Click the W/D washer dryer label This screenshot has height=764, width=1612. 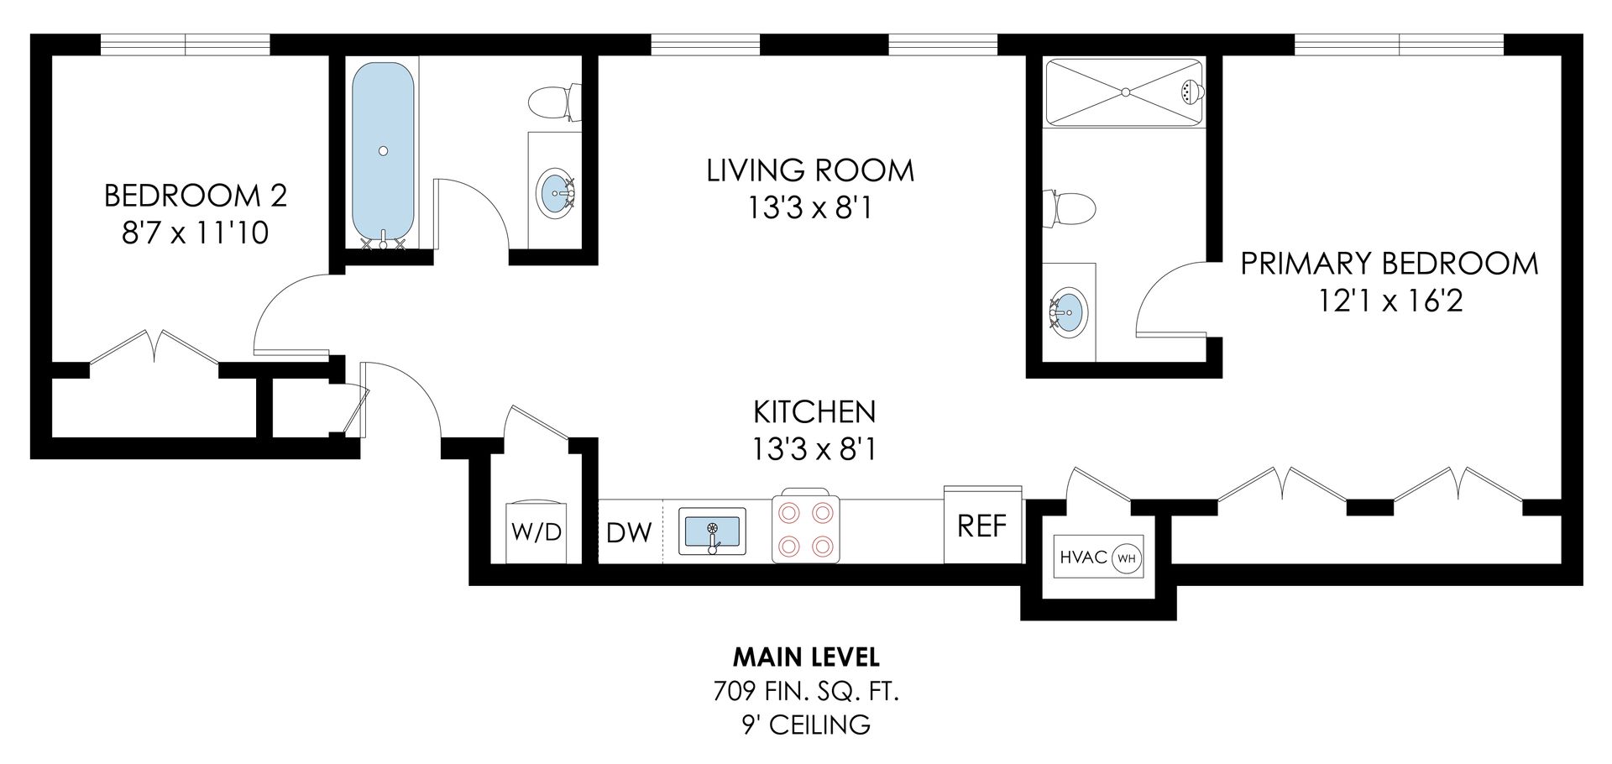point(536,532)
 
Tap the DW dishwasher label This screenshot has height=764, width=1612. point(629,532)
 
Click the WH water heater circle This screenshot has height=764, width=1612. point(1128,557)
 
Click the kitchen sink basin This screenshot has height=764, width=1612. point(712,531)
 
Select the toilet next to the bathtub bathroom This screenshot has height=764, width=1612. point(555,102)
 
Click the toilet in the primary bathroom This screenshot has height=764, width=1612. point(1069,208)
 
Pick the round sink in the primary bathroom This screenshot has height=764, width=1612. point(1069,312)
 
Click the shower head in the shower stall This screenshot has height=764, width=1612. point(1191,92)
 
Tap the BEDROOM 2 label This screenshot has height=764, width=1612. point(196,196)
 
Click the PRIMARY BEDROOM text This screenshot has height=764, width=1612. point(1390,264)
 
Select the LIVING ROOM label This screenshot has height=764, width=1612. point(810,170)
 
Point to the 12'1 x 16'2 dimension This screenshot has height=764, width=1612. point(1390,301)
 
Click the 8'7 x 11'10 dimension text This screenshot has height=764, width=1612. point(196,232)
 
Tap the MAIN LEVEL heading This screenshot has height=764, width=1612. point(806,656)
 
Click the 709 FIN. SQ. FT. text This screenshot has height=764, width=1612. point(806,691)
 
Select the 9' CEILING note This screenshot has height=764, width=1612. point(806,725)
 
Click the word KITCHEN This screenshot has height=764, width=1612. point(814,412)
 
